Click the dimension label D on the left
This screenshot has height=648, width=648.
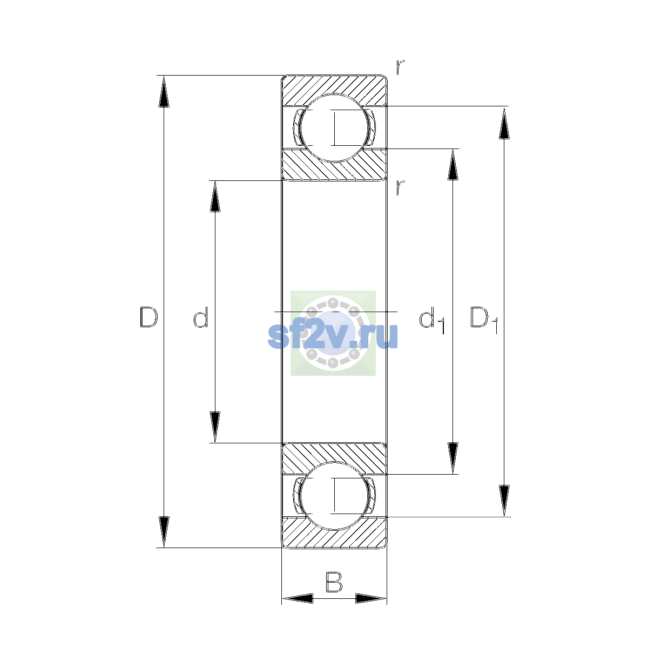[x=148, y=317]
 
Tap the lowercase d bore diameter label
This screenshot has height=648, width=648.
[x=201, y=317]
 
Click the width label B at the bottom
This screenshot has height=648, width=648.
[x=334, y=582]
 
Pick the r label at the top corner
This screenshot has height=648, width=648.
[x=400, y=67]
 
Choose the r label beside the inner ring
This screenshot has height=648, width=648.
[x=400, y=187]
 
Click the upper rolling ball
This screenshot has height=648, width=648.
[x=334, y=127]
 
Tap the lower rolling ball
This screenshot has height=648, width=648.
[x=334, y=496]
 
